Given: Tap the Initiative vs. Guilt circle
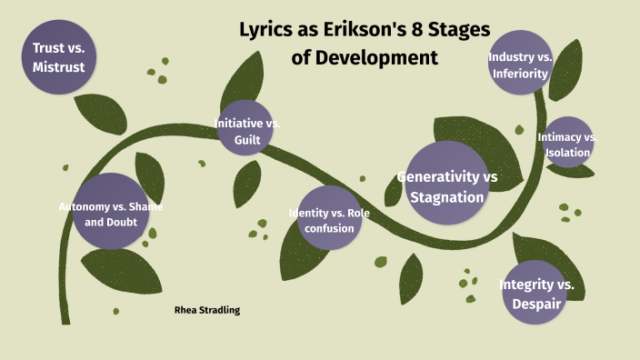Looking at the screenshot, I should click(245, 129).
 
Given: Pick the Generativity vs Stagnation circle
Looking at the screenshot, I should click(446, 185).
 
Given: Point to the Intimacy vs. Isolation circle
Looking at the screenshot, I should click(568, 144).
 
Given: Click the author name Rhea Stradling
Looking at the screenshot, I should click(207, 310).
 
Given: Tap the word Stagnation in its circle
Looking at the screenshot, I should click(446, 196).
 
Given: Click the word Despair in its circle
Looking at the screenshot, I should click(536, 304).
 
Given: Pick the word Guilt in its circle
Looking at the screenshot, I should click(246, 140).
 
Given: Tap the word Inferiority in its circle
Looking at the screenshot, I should click(520, 75).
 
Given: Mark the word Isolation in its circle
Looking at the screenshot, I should click(568, 153).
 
